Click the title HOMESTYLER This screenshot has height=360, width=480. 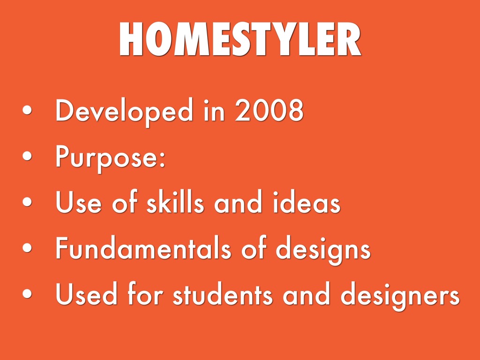click(x=240, y=39)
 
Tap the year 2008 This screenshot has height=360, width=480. click(x=269, y=110)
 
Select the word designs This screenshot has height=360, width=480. click(x=323, y=249)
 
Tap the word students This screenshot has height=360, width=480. click(x=223, y=294)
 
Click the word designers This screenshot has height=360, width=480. click(x=400, y=296)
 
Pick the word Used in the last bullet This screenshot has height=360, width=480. click(x=86, y=294)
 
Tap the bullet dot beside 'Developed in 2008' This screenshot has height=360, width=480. click(x=27, y=110)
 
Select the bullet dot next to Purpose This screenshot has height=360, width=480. click(x=27, y=156)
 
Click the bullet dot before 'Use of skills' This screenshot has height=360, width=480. click(x=27, y=202)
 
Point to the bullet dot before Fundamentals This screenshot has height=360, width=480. click(x=27, y=247)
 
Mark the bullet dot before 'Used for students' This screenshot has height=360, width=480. click(x=27, y=293)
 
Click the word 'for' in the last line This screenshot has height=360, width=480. click(x=145, y=293)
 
